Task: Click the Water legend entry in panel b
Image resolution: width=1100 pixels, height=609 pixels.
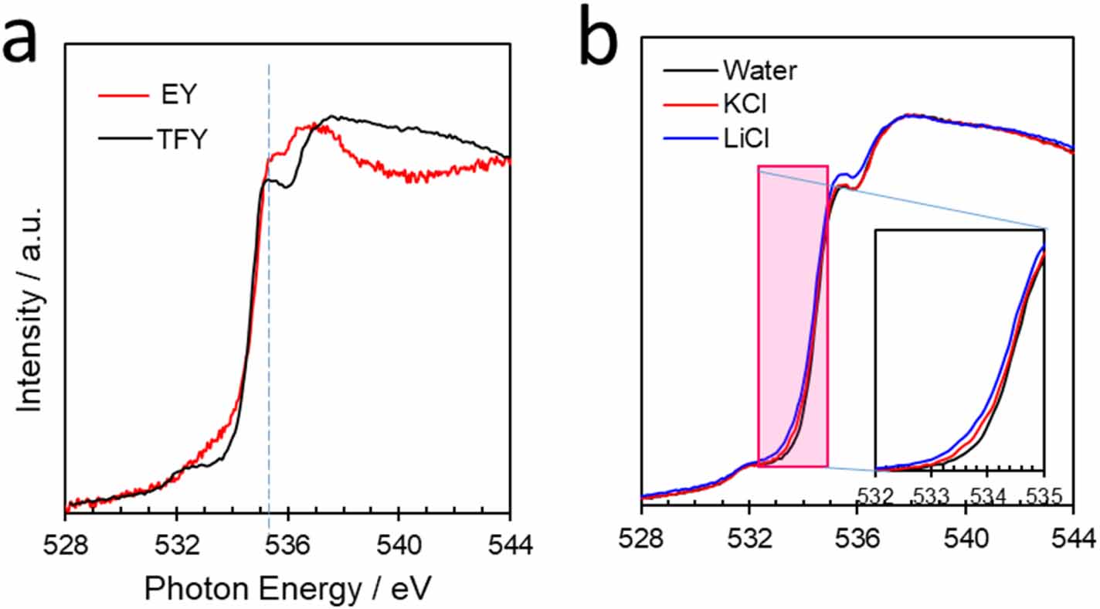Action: pyautogui.click(x=760, y=70)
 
